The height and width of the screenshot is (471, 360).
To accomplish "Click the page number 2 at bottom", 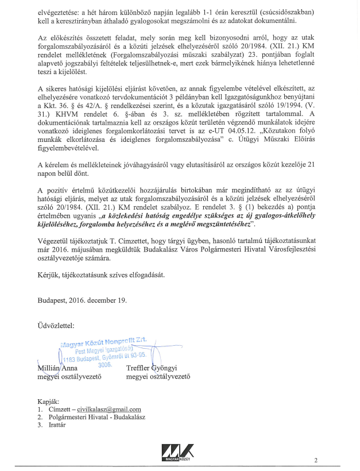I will (316, 460).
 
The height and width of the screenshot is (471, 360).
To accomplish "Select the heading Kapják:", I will (49, 401).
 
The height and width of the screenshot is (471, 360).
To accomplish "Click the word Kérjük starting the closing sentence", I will (48, 275).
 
